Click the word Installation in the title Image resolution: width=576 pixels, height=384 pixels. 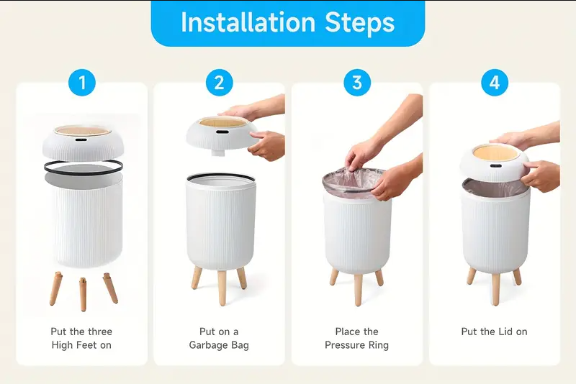pos(248,22)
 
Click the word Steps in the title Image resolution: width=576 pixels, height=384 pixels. pos(359,24)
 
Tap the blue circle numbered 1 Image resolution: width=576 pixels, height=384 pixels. pos(82,83)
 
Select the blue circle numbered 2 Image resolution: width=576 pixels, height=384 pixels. pos(220,83)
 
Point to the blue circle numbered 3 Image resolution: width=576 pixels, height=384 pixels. pos(357,83)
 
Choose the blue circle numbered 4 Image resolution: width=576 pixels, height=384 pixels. pos(495,83)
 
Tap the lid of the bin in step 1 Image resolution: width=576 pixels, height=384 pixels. pos(83,142)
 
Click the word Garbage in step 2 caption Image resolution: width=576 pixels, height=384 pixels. pos(208,345)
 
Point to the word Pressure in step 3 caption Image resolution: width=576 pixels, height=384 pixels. pos(345,345)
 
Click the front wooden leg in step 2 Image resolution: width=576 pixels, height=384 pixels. pos(222,288)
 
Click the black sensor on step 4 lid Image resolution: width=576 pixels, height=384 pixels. pos(496,166)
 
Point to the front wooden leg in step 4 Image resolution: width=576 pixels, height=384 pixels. pos(495,288)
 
